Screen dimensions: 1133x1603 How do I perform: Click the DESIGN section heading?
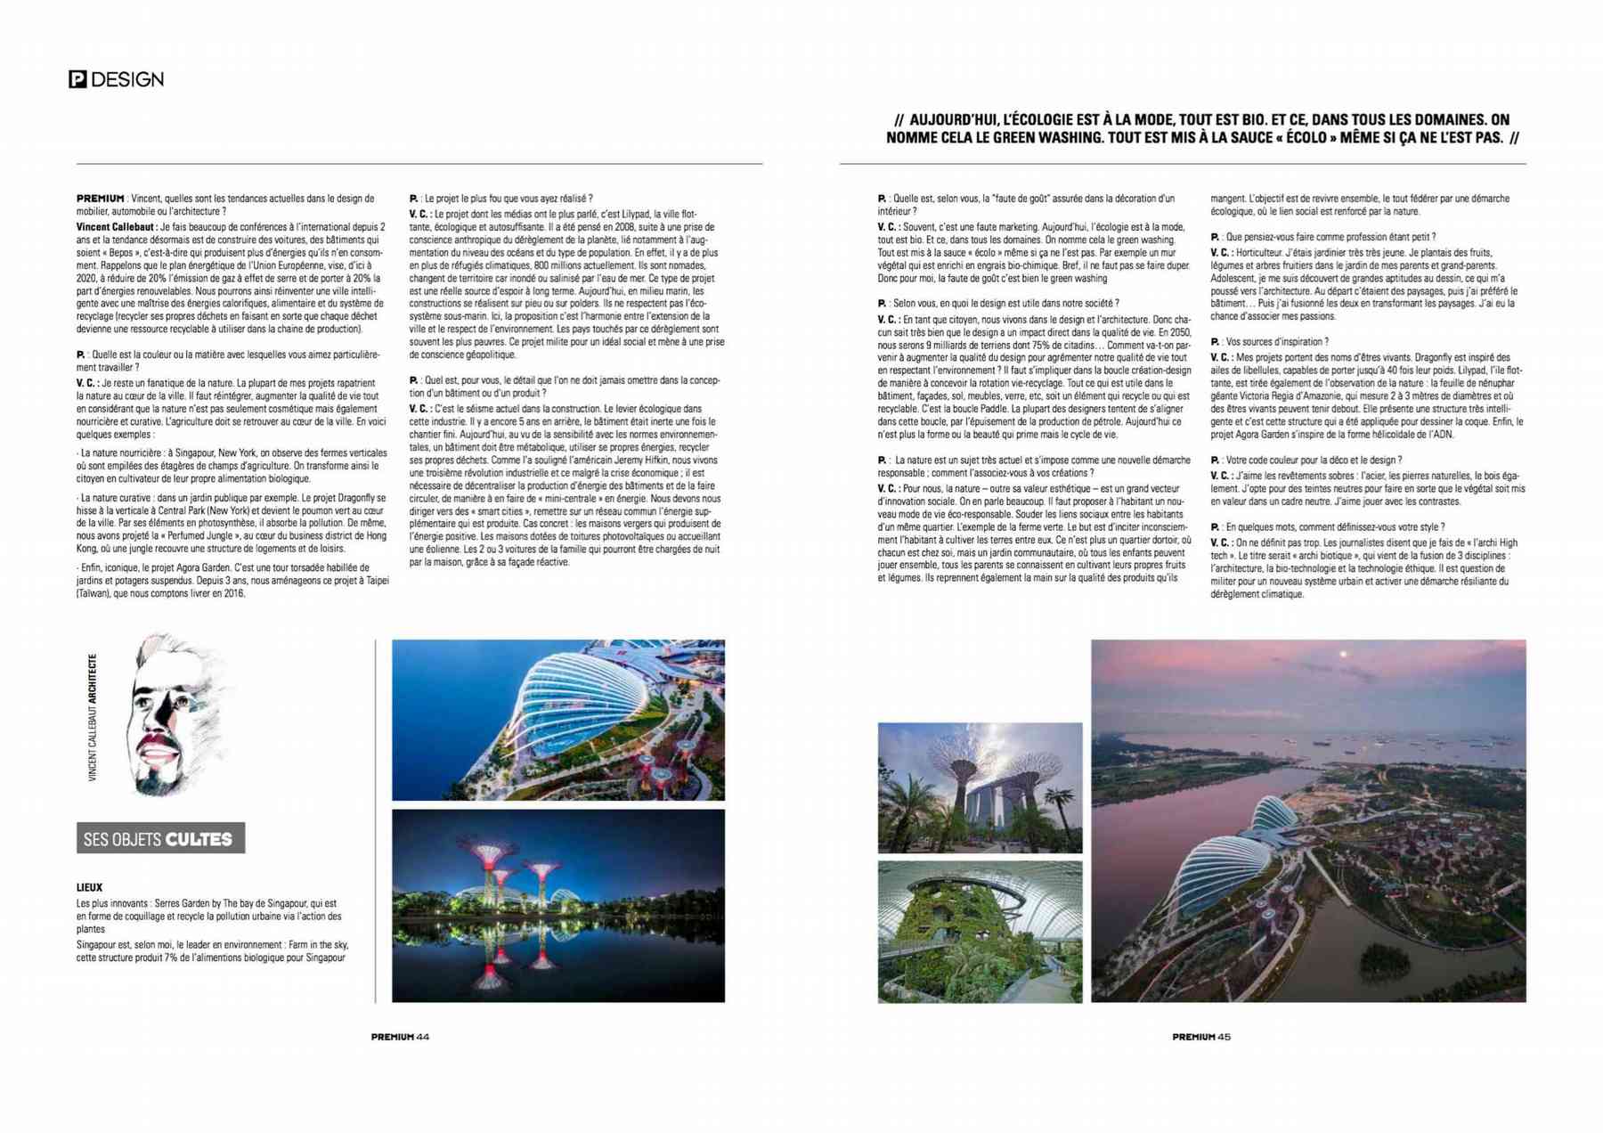[127, 79]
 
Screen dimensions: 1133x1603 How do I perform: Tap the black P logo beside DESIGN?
[77, 79]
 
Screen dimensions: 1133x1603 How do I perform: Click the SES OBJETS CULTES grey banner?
[160, 838]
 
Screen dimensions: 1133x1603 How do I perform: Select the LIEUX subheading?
[89, 887]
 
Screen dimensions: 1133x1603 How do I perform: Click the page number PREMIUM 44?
[400, 1037]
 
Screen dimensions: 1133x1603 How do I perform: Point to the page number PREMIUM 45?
[1200, 1037]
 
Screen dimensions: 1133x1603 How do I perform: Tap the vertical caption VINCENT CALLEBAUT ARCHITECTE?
[93, 718]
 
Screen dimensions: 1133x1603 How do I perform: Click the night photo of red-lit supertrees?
[557, 905]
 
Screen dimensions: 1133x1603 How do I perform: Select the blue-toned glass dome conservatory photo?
[557, 719]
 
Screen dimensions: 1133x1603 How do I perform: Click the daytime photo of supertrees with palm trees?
[980, 787]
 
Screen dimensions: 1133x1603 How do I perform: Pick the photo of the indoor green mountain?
[980, 932]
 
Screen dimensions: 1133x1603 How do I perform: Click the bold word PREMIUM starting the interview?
[100, 199]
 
